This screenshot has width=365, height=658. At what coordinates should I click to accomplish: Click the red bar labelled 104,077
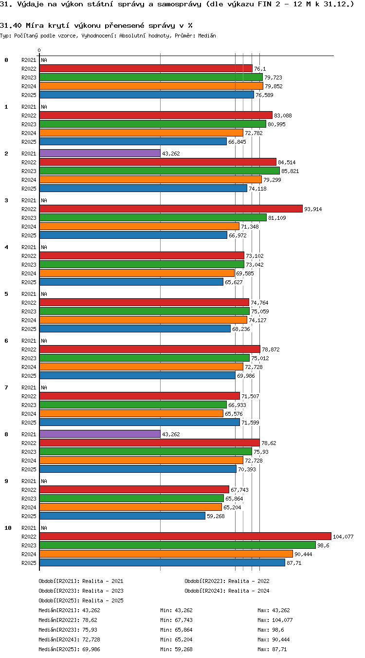(185, 536)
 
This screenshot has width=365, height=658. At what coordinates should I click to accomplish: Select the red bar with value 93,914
(171, 209)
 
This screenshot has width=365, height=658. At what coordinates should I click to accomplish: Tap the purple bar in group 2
(100, 153)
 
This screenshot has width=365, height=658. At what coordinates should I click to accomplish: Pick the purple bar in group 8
(100, 434)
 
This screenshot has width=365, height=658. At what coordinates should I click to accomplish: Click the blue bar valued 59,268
(122, 516)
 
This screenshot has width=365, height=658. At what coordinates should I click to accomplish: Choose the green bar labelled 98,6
(178, 545)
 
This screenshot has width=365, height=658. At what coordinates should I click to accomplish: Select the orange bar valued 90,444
(166, 554)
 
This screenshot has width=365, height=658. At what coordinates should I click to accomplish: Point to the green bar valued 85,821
(160, 171)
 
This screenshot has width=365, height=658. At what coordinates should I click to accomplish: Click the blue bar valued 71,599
(140, 422)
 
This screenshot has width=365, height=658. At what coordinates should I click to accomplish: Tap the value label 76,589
(264, 95)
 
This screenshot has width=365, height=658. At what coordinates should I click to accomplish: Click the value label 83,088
(283, 116)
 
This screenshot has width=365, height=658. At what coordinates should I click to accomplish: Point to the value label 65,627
(234, 282)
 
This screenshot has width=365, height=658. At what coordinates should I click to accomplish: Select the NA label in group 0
(44, 60)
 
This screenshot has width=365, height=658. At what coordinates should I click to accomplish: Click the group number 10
(8, 528)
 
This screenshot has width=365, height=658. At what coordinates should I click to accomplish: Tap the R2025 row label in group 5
(29, 329)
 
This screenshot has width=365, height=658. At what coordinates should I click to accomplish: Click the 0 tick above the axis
(39, 51)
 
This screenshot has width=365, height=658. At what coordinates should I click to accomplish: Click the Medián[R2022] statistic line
(68, 620)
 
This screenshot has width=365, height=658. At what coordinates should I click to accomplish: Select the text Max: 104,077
(275, 620)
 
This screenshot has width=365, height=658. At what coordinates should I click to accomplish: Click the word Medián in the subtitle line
(207, 36)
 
